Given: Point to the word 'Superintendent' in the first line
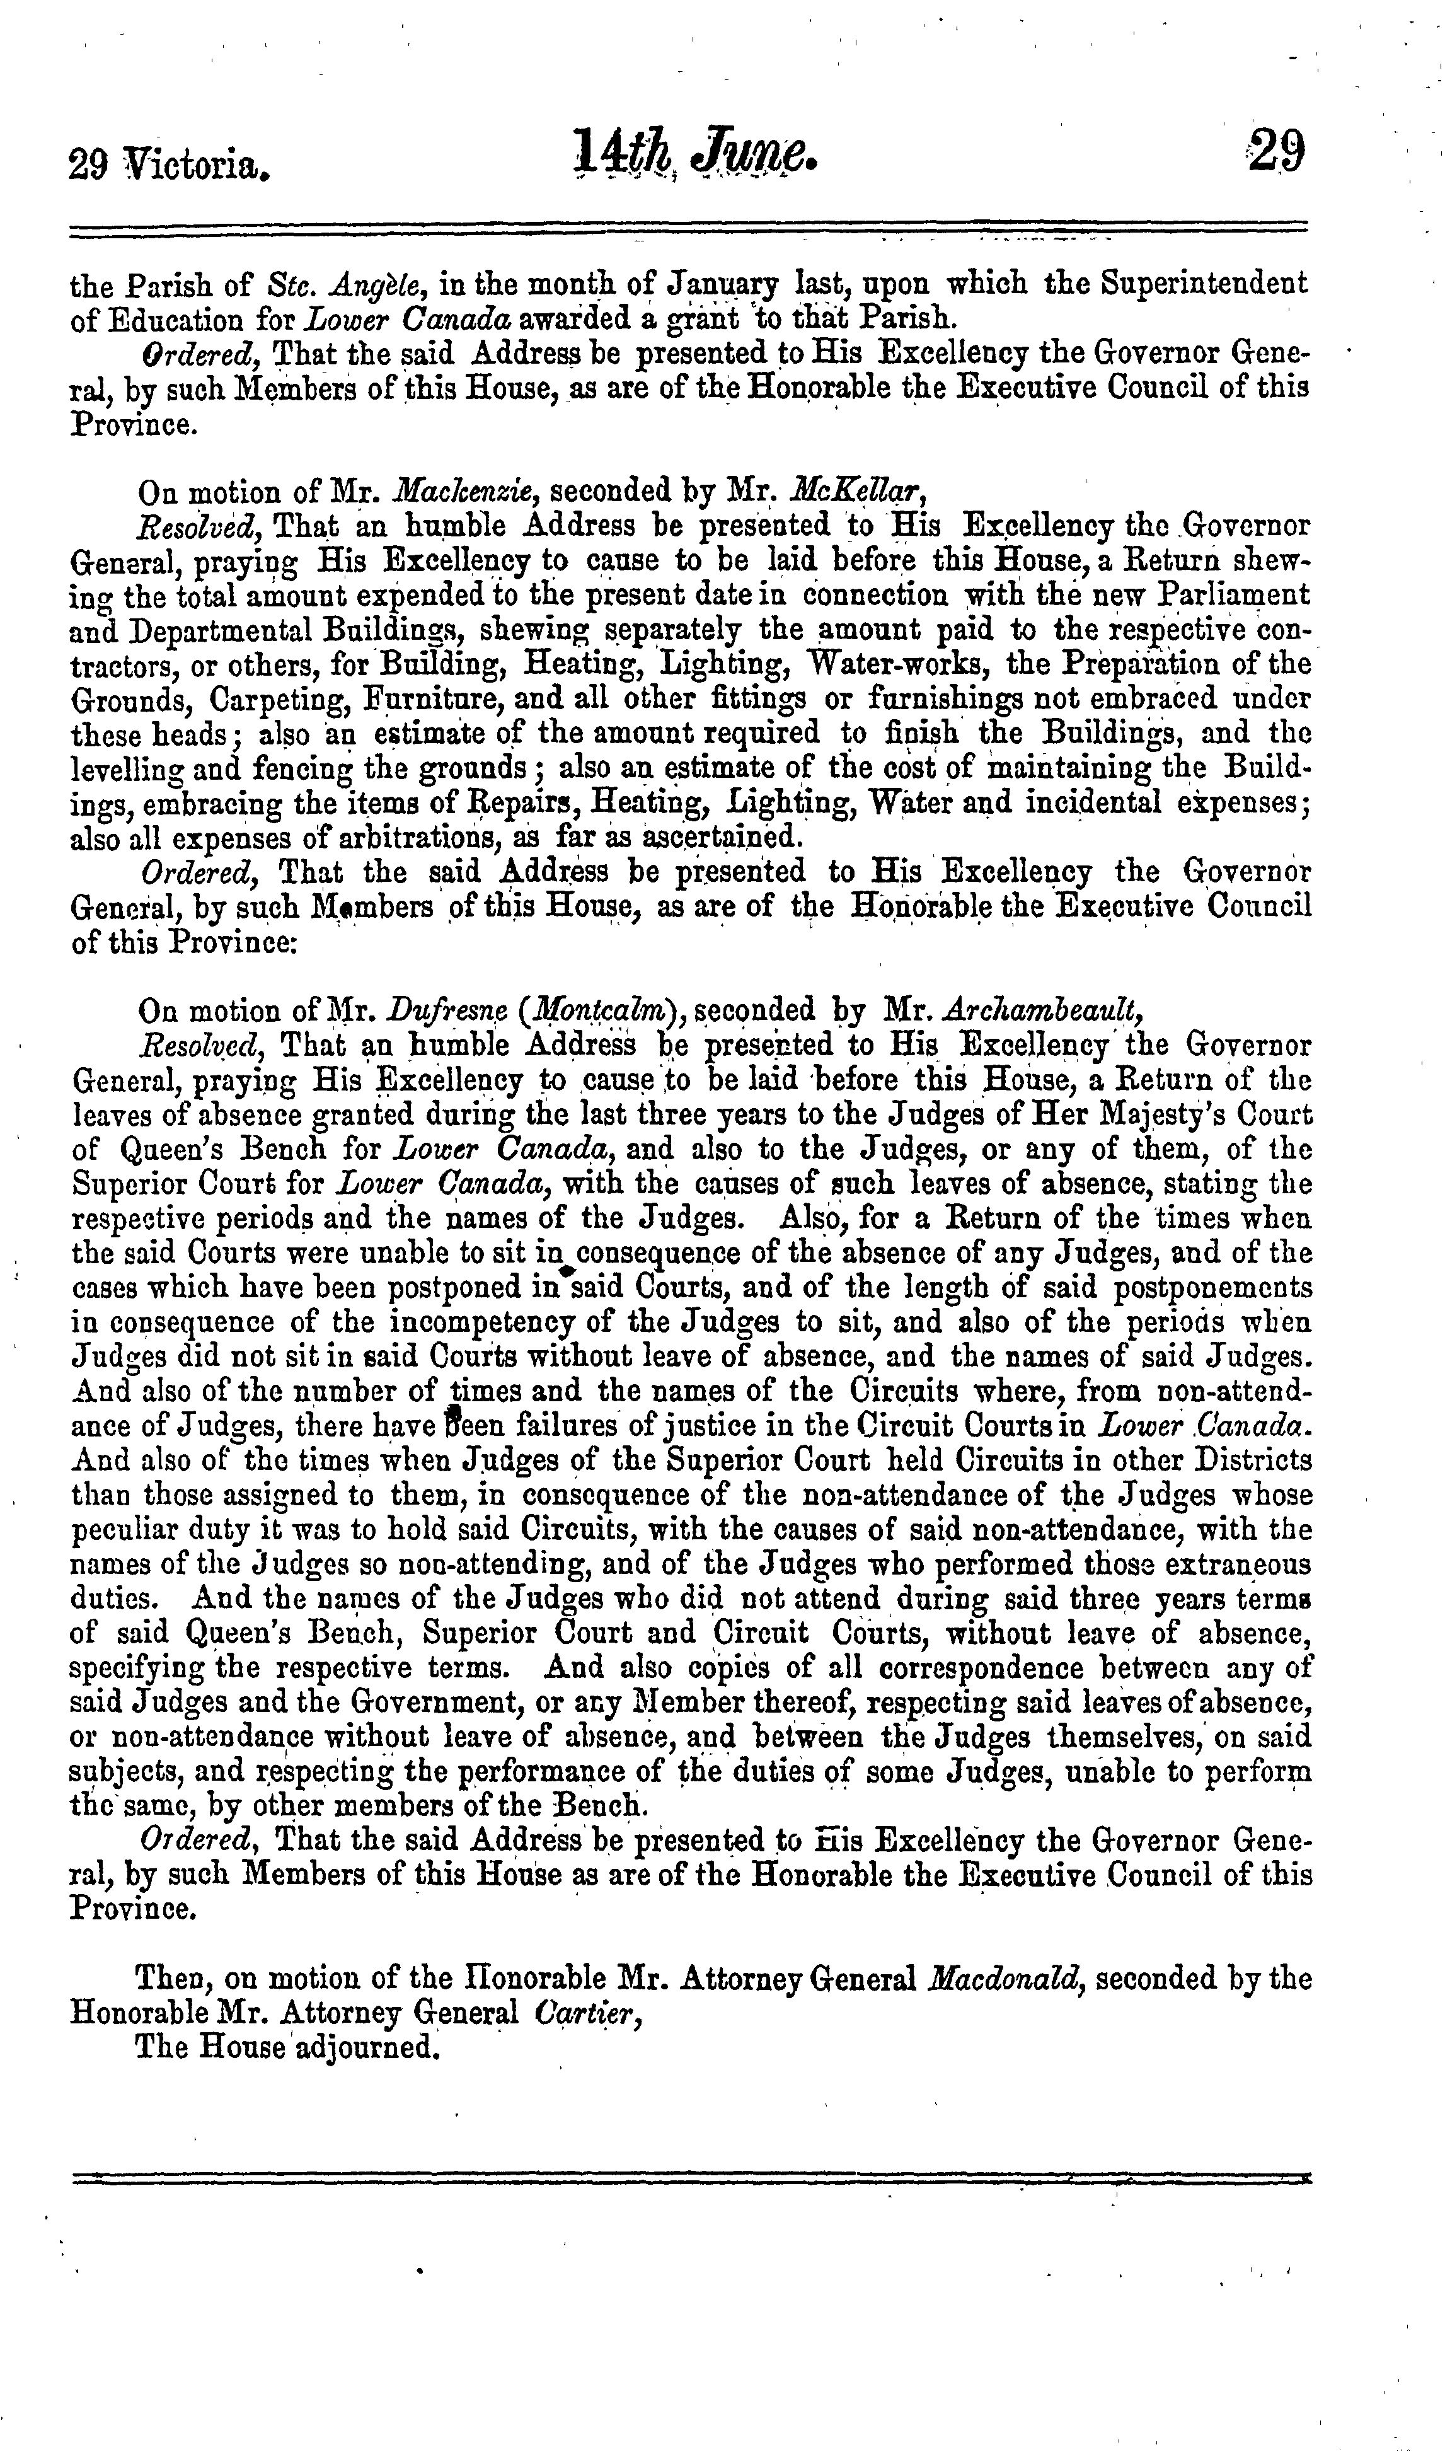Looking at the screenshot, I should pyautogui.click(x=1204, y=284).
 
